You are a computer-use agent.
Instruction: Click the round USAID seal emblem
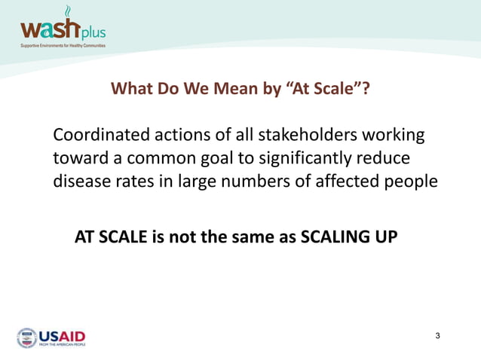26,337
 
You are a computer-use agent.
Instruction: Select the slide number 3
439,334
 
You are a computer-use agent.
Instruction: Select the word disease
79,181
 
